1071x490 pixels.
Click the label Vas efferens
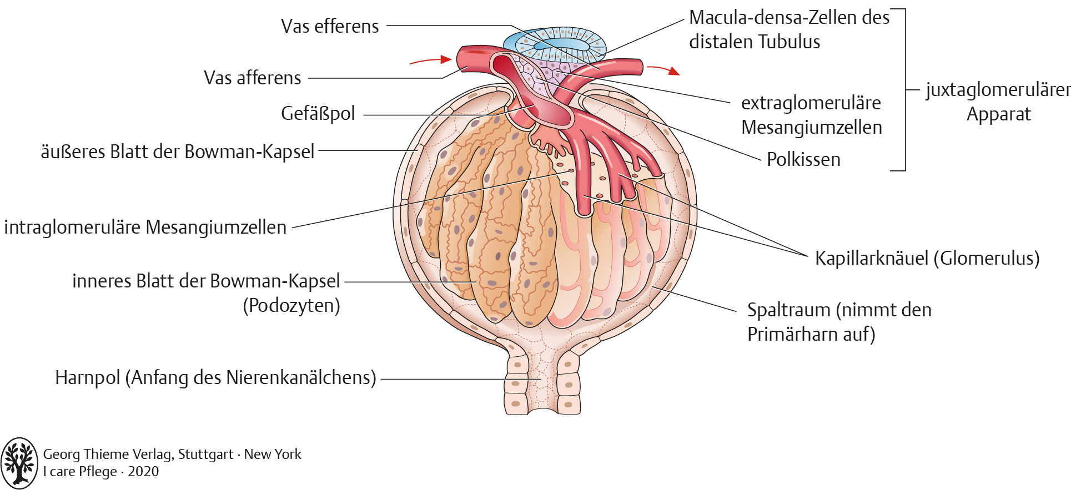point(330,26)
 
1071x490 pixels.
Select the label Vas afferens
point(252,78)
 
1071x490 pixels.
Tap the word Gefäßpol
point(318,113)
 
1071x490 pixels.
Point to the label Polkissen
point(803,160)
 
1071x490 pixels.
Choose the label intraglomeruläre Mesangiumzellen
point(145,228)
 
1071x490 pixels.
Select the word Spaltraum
point(788,310)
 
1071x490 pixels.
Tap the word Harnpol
point(87,378)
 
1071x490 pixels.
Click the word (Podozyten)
point(291,306)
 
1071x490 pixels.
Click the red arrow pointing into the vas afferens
point(430,60)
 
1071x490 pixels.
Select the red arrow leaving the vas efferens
point(663,69)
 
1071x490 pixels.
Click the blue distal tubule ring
point(555,44)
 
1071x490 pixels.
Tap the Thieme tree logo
point(19,463)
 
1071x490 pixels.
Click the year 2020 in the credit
point(143,472)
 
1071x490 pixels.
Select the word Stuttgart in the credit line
point(205,454)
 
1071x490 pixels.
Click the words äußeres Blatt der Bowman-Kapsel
point(178,151)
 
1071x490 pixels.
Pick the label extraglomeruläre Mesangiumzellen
point(811,115)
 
